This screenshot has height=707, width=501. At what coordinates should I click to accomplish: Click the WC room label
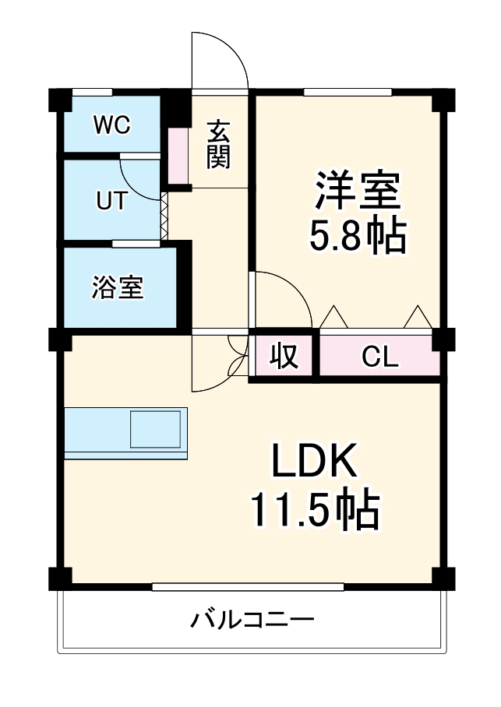[112, 125]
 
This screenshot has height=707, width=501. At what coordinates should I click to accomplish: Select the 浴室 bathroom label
[118, 287]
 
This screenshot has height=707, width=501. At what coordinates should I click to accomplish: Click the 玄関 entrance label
[219, 144]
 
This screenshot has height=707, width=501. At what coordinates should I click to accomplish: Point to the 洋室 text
[358, 192]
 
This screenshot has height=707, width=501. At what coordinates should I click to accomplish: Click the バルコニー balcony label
[252, 621]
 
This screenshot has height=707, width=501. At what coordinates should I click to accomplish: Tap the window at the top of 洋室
[348, 93]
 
